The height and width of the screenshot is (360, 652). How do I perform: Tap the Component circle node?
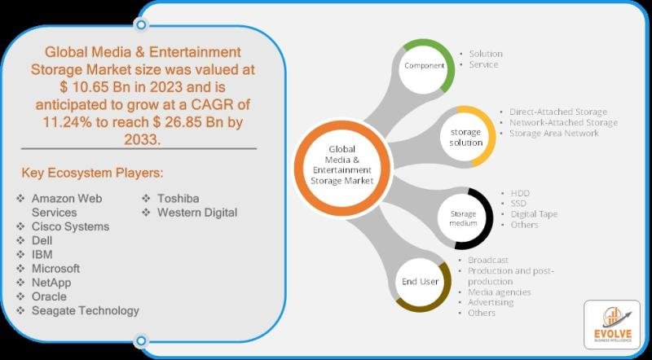coord(424,66)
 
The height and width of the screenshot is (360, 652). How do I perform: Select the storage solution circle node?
coord(465,137)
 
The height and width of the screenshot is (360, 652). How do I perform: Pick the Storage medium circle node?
coord(463,218)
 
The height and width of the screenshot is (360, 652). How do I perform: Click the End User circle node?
coord(420,282)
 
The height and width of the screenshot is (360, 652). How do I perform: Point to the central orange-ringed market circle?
coord(342,167)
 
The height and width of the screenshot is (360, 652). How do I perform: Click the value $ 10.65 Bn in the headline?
coord(90,87)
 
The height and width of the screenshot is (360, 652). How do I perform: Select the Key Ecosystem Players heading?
coord(92,173)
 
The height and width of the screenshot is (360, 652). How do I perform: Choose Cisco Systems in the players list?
coord(70,226)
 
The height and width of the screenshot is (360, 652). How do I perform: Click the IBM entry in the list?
coord(42,254)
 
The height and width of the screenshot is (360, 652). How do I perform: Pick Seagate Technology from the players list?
coord(86,310)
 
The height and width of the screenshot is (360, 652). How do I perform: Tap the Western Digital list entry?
coord(197,213)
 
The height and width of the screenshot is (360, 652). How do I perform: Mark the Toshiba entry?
coord(178,198)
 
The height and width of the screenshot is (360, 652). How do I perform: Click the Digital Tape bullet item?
coord(534,214)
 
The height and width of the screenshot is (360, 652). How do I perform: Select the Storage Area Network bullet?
coord(554,133)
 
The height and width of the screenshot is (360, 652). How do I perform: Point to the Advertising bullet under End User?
coord(491,302)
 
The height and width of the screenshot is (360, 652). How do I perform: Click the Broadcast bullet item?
coord(488,260)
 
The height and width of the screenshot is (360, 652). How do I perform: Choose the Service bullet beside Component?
coord(483,64)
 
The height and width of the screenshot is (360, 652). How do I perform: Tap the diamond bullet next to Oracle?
coord(20,296)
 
